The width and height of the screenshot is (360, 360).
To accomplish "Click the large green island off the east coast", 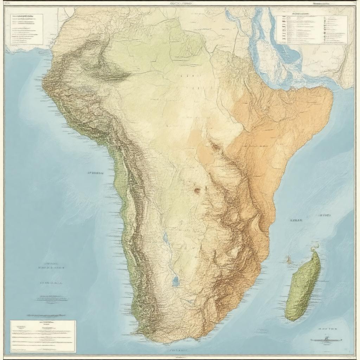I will coord(303,287).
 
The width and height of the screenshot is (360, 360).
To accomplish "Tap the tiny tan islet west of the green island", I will coord(288,261).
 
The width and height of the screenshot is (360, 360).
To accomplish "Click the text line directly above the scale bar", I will coord(327,329).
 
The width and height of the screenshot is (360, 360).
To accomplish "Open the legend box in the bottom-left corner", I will coord(43,336).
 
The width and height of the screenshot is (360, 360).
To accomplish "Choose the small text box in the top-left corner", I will coord(26,29).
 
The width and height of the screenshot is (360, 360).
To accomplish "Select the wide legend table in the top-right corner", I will coord(311,30).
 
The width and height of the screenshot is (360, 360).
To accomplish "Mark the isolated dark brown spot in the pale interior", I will coord(197,190).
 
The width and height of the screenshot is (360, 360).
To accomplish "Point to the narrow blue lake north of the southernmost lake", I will coord(166,238).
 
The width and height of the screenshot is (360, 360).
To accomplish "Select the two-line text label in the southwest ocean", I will coord(52,265).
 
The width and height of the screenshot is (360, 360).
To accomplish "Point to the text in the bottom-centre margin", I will coord(178,350).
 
